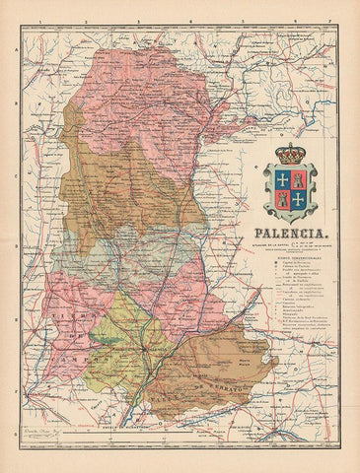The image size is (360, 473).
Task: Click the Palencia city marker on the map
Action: tap(149, 349)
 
